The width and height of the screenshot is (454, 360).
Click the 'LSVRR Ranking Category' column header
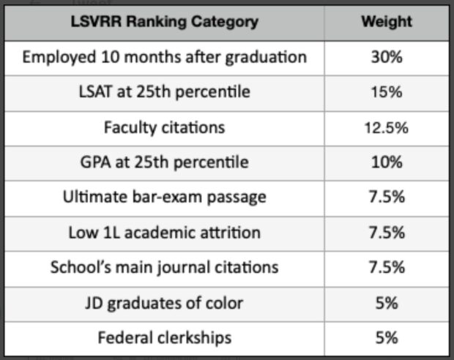point(164,22)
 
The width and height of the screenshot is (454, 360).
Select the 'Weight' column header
point(386,22)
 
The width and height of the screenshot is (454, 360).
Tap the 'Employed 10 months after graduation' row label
point(164,57)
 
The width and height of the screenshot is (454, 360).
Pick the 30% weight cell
point(386,57)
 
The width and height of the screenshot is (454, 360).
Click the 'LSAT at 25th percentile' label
point(164,92)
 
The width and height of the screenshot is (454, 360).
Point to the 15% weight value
point(386,92)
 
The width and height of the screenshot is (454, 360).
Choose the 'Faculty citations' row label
point(164,127)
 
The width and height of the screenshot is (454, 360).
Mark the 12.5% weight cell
point(386,127)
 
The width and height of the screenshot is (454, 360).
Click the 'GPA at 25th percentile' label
point(164,162)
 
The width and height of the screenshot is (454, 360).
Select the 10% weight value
point(386,162)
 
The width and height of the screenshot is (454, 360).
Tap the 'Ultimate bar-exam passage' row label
point(164,198)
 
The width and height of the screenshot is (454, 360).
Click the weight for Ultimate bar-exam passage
point(386,198)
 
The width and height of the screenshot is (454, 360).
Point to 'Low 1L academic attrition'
point(164,233)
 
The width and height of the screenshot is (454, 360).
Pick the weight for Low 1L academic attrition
point(386,233)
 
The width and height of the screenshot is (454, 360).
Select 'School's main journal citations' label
point(164,267)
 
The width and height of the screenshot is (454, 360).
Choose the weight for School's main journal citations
point(386,267)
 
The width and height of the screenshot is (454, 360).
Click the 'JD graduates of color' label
point(164,302)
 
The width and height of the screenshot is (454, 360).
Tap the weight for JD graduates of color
point(386,302)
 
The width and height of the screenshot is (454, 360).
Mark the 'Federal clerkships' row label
point(164,337)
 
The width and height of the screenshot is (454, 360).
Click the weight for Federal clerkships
point(386,337)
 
